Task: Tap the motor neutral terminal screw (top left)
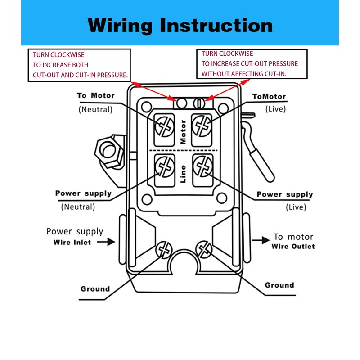[164, 127]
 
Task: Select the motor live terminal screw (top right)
[202, 124]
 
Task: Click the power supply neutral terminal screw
[164, 168]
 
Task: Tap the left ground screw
[164, 249]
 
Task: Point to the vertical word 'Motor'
[183, 132]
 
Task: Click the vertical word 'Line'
[183, 173]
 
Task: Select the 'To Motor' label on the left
[95, 95]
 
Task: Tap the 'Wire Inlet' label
[70, 242]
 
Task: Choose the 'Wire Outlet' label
[293, 247]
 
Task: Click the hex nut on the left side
[108, 151]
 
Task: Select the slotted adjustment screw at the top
[199, 103]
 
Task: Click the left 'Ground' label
[95, 289]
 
